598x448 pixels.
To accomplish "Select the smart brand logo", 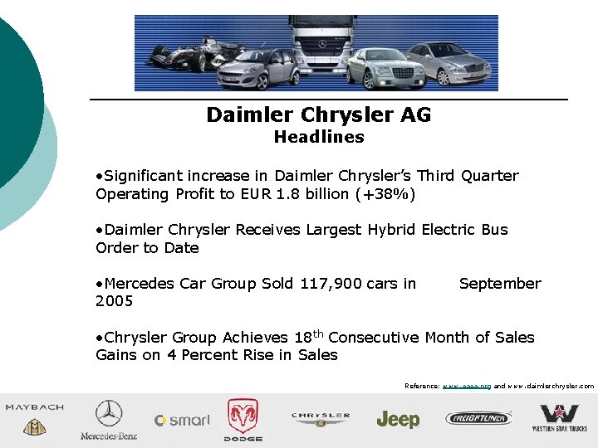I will point(182,421).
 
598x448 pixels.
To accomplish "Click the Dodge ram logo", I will point(243,418).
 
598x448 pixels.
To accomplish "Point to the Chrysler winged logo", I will point(320,419).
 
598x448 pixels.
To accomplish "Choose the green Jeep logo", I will point(398,420).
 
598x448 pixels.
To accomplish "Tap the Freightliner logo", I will point(480,418).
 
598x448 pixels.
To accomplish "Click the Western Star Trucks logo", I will point(559,417).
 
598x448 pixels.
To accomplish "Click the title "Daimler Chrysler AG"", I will point(319,114).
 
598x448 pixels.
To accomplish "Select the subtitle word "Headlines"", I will point(319,137).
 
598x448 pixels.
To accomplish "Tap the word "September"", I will point(499,284).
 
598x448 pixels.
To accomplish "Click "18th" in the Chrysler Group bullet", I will point(309,337).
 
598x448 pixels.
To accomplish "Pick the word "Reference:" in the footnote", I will point(422,386).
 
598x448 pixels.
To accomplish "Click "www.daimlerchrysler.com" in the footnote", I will point(551,386).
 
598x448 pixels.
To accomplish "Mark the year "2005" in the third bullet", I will point(115,301).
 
